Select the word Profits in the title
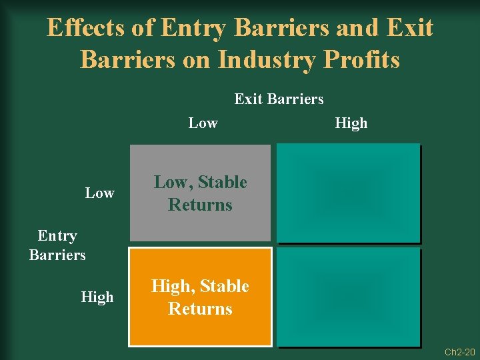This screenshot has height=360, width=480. [x=362, y=59]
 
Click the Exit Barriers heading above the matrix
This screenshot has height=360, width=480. [x=279, y=99]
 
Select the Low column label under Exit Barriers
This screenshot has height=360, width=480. [x=203, y=123]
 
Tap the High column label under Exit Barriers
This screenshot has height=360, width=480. [x=351, y=123]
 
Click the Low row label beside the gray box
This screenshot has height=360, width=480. [x=99, y=193]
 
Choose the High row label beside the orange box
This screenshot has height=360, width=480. [x=97, y=297]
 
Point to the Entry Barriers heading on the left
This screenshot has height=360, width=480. [x=57, y=245]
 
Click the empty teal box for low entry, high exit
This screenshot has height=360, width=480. [x=349, y=193]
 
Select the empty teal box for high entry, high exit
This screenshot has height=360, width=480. [x=349, y=297]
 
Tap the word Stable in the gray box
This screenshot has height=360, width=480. [x=222, y=183]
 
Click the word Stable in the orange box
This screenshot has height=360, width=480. [x=225, y=287]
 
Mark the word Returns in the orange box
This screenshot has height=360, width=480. [x=200, y=309]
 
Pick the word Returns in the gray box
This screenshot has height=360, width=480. [x=200, y=205]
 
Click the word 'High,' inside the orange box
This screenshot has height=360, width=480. [x=174, y=287]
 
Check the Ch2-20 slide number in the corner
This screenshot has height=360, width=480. [x=461, y=351]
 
